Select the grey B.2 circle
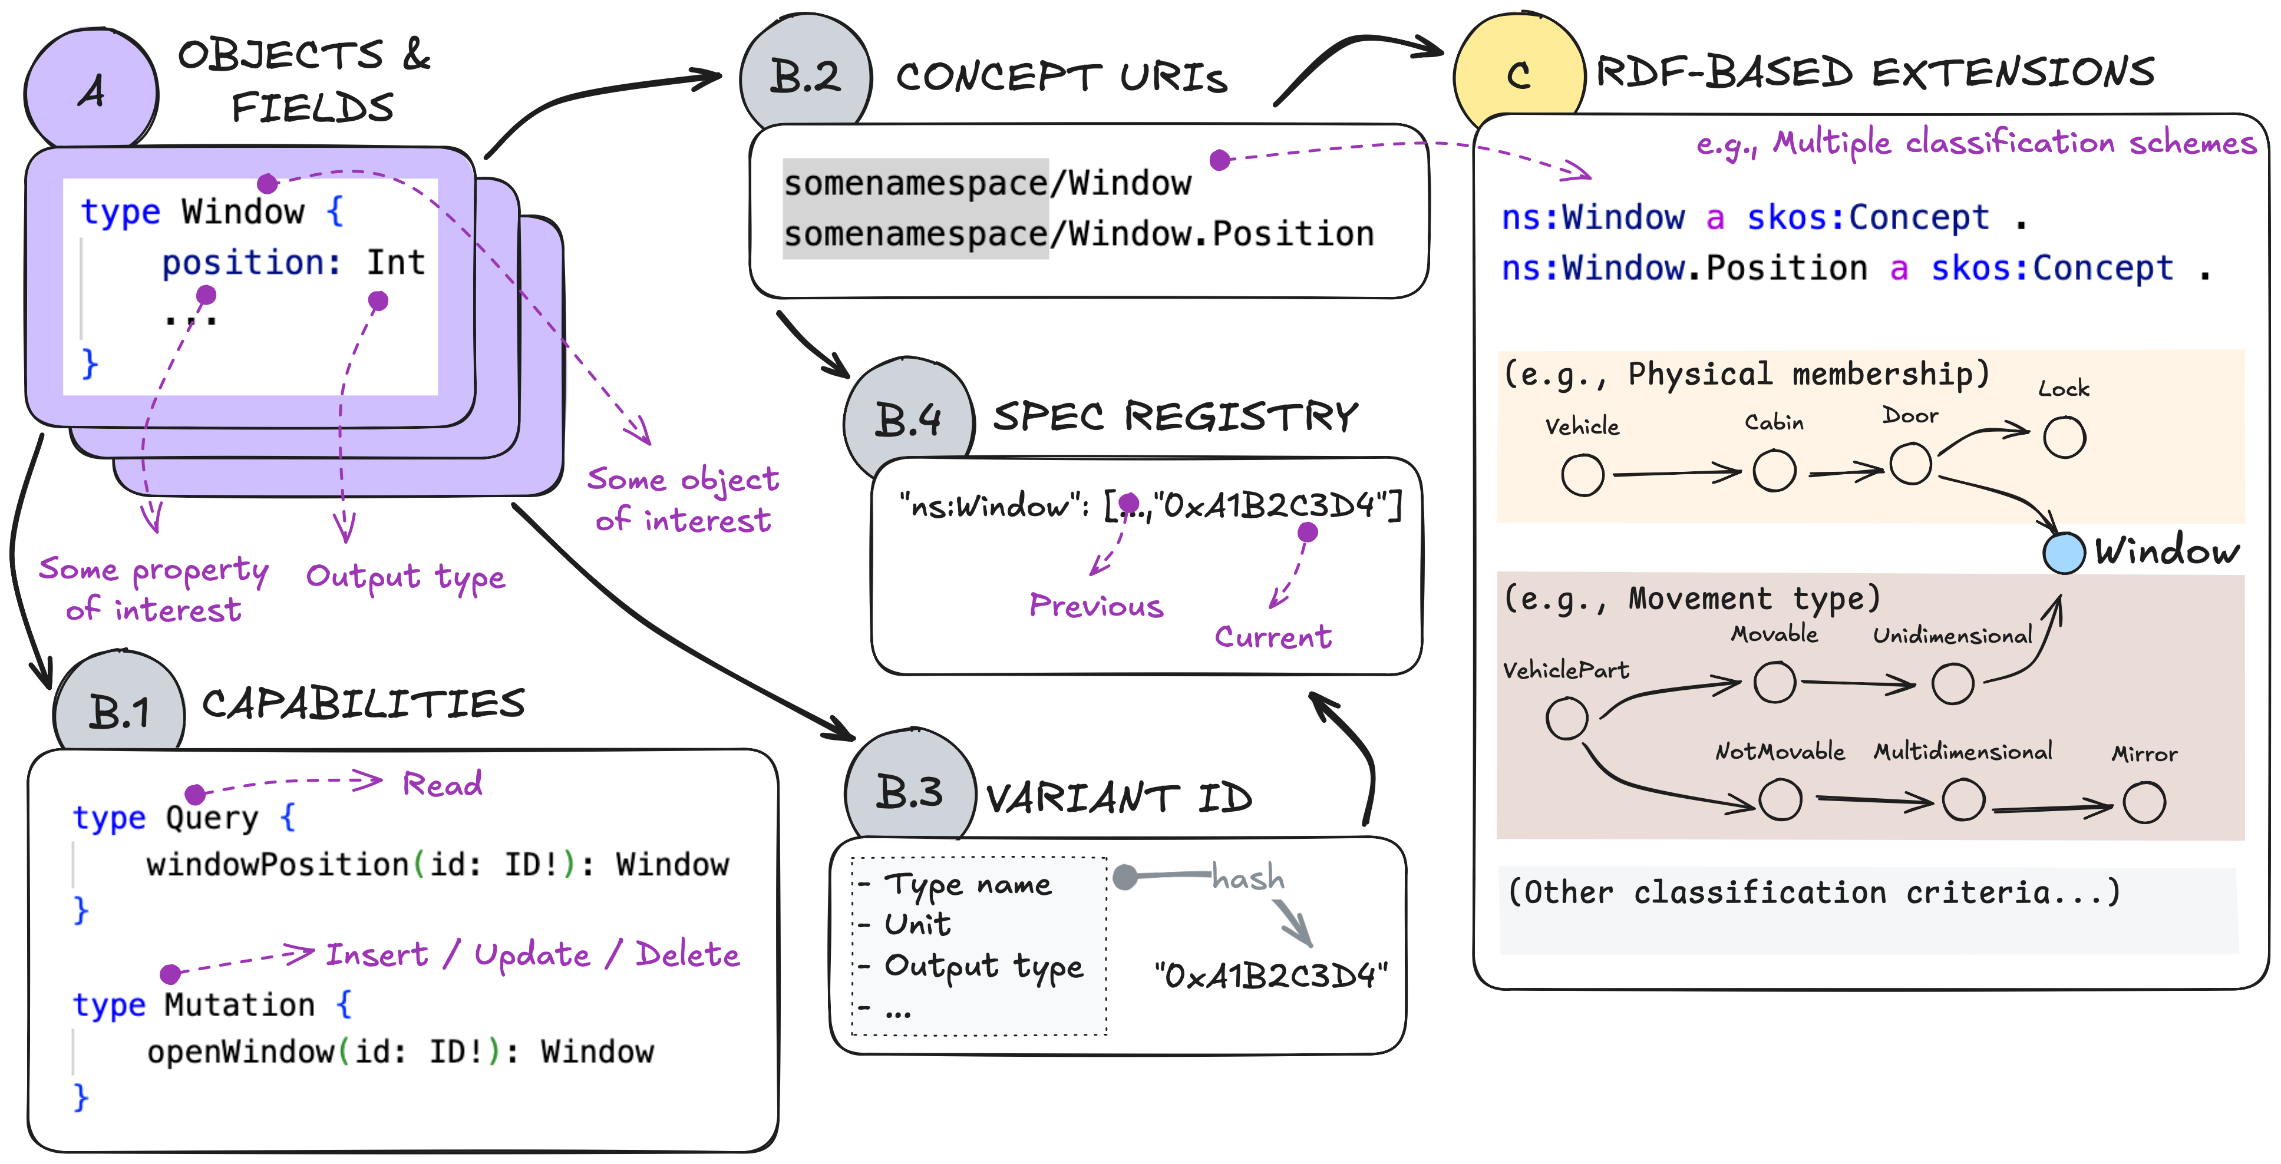coord(805,76)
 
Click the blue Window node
coord(2063,553)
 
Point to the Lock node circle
coord(2064,437)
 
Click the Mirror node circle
coord(2144,803)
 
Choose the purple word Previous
coord(1095,606)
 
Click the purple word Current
coord(1272,636)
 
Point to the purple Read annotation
coord(442,784)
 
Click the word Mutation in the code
coord(239,1005)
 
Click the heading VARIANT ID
coord(1119,798)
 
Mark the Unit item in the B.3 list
coord(917,925)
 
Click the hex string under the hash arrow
coord(1270,975)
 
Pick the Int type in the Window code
coord(396,263)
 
